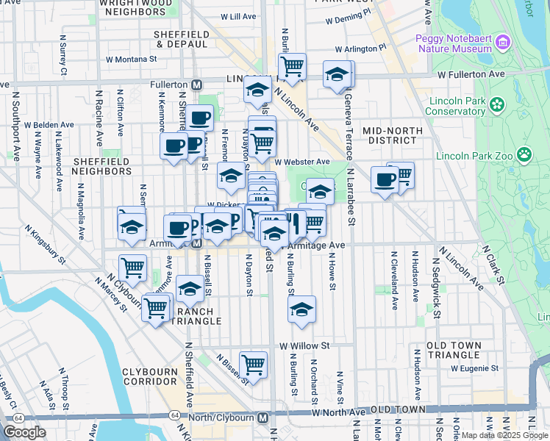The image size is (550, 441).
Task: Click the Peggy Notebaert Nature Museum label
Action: coord(448,43)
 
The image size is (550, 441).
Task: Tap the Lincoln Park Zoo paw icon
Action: coord(524,154)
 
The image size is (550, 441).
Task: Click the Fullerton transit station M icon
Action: coord(196,85)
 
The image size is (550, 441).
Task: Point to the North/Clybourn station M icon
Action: coord(263,417)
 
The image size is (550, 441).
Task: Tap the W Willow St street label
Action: coord(304,345)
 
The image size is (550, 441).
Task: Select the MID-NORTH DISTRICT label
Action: coord(392,135)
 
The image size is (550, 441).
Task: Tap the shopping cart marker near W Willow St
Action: coord(253,364)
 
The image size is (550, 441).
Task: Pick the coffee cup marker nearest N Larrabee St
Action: coord(385,179)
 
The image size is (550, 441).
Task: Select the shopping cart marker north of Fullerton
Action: coord(292,67)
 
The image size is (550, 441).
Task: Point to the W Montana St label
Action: coord(132,59)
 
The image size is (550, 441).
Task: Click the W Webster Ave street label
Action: coord(302,162)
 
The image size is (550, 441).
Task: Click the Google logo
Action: coord(25,431)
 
